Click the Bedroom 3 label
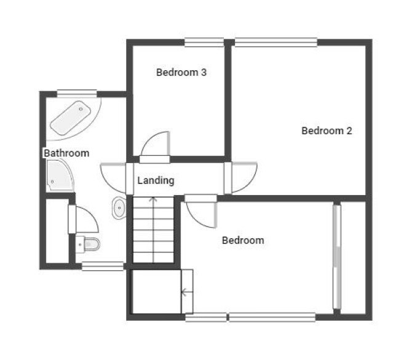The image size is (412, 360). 181,73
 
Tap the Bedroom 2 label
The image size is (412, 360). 327,130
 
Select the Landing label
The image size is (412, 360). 156,181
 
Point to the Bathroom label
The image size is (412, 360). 66,153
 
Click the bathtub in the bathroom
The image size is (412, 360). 71,118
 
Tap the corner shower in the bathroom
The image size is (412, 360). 60,175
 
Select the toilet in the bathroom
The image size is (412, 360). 88,244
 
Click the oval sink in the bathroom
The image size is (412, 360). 119,208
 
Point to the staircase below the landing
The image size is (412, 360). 154,230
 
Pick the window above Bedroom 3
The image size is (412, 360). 204,42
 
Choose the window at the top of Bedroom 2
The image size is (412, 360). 276,42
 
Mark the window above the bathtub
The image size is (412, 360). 77,94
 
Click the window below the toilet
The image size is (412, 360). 103,266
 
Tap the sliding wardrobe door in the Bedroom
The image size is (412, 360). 336,257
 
